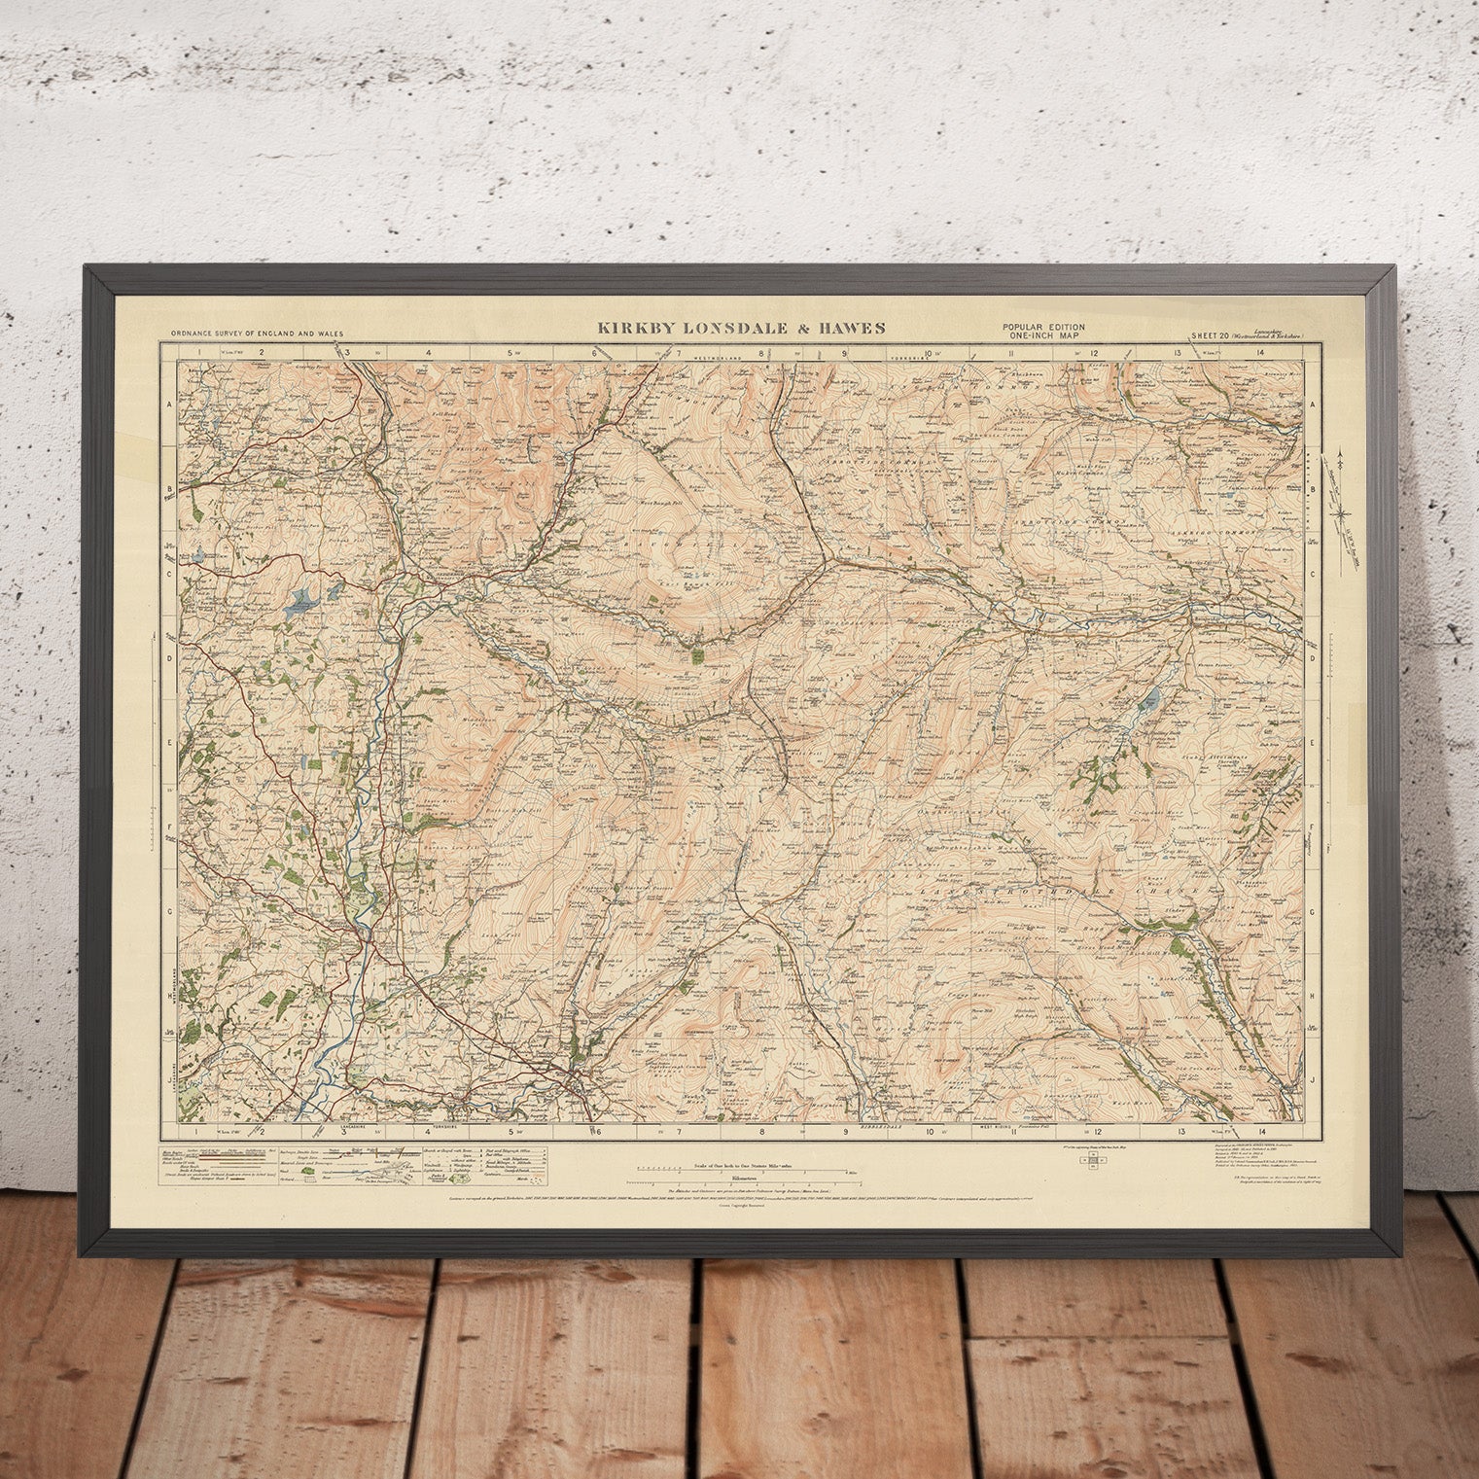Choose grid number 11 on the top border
pyautogui.click(x=1011, y=351)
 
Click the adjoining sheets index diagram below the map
pyautogui.click(x=1091, y=1164)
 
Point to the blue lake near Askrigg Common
pyautogui.click(x=1152, y=696)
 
